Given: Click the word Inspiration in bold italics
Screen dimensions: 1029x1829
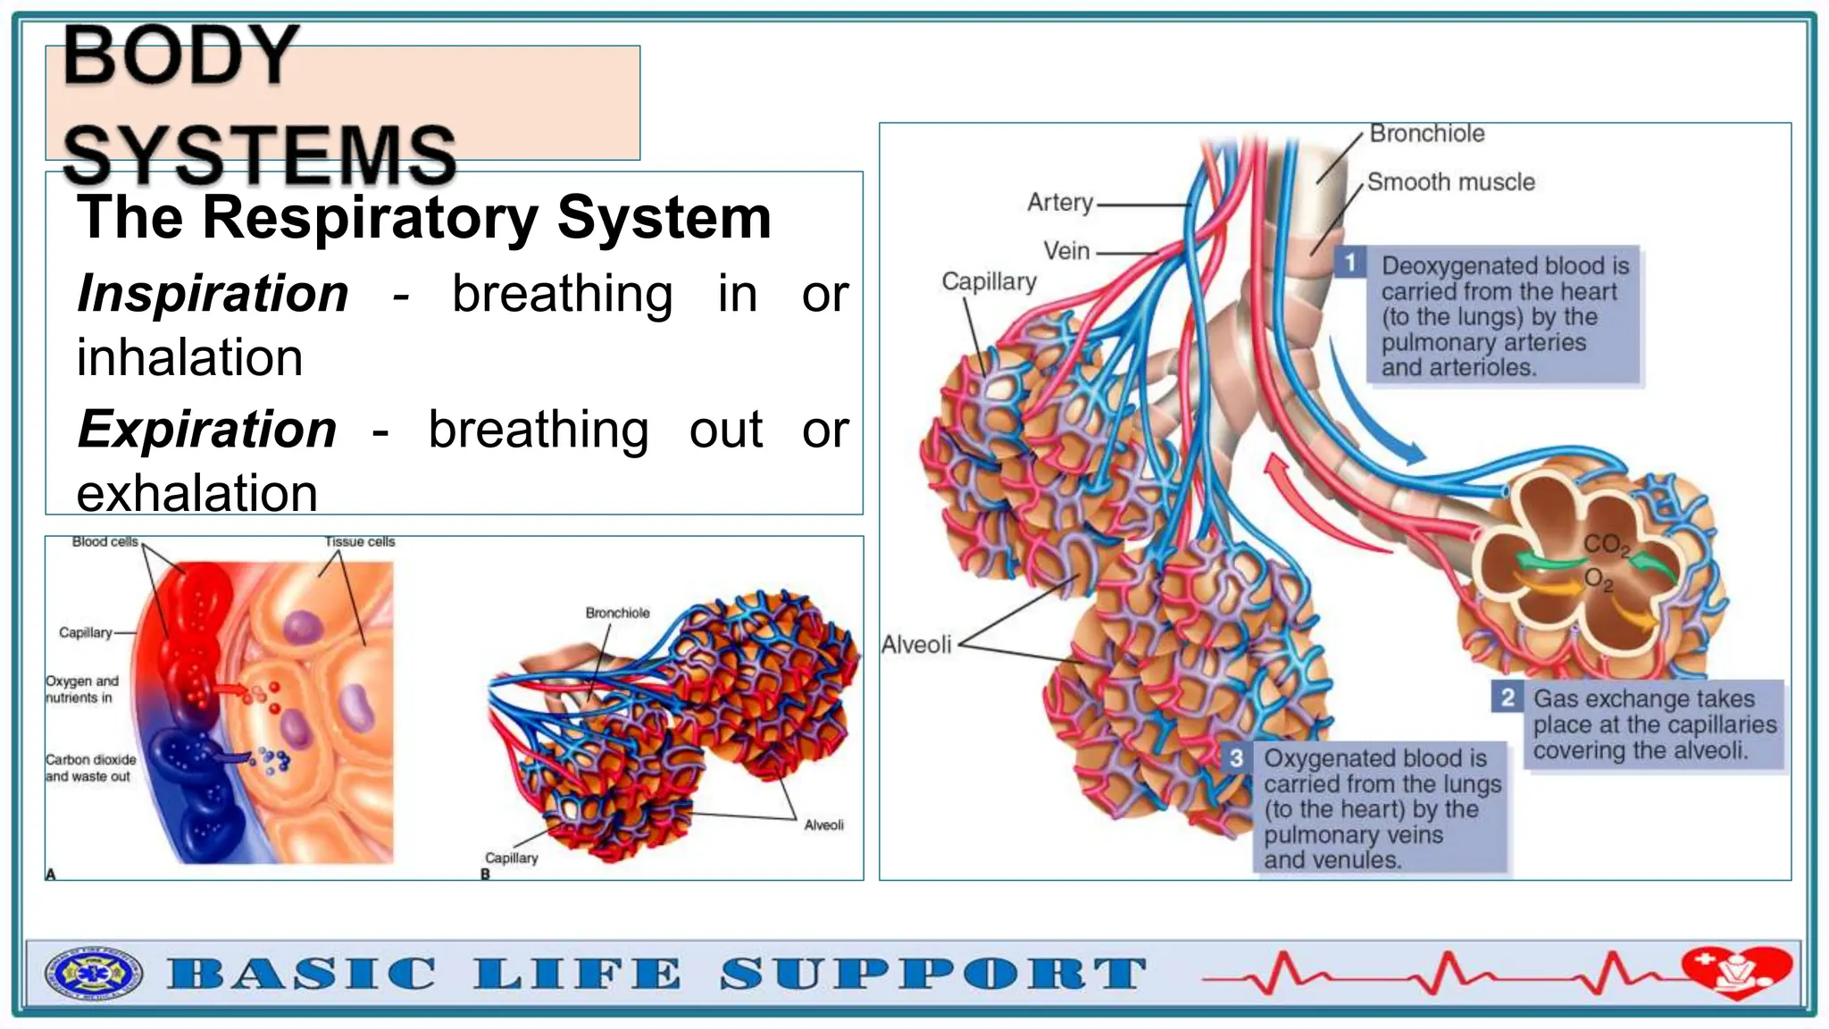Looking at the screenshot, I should pyautogui.click(x=213, y=294).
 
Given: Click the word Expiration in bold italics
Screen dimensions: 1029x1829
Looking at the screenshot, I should pyautogui.click(x=206, y=430).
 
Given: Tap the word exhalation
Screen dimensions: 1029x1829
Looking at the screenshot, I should pyautogui.click(x=196, y=493).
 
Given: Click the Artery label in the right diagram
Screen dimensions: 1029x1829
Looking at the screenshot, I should pyautogui.click(x=1060, y=203).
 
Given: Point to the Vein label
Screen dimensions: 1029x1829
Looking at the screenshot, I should pyautogui.click(x=1066, y=251).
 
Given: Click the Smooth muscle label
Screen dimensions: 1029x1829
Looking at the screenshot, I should pyautogui.click(x=1450, y=182).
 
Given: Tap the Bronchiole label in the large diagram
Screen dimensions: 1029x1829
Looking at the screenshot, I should pyautogui.click(x=1426, y=134).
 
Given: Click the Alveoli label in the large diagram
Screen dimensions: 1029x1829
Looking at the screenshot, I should pyautogui.click(x=916, y=644).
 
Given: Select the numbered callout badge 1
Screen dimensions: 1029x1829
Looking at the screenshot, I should pyautogui.click(x=1350, y=263).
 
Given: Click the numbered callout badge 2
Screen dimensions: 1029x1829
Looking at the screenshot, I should pyautogui.click(x=1507, y=697).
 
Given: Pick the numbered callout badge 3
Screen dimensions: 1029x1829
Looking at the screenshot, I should pyautogui.click(x=1236, y=758).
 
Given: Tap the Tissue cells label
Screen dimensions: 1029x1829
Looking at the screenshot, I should pyautogui.click(x=359, y=542).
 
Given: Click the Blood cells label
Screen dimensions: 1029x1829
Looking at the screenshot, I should pyautogui.click(x=105, y=542).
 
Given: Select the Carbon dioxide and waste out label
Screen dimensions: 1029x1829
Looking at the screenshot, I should pyautogui.click(x=90, y=768).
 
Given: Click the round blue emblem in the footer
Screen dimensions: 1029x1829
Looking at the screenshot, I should pyautogui.click(x=94, y=974).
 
